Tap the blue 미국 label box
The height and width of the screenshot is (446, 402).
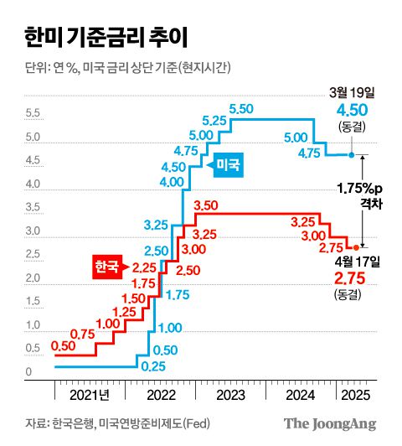229,165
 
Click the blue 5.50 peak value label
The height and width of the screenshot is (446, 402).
241,109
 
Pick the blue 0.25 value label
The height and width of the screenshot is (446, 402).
152,366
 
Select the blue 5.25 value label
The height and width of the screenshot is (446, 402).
215,122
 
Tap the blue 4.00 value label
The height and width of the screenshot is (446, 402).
171,182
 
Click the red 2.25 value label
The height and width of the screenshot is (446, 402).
145,267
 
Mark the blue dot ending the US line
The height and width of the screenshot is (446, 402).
352,155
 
